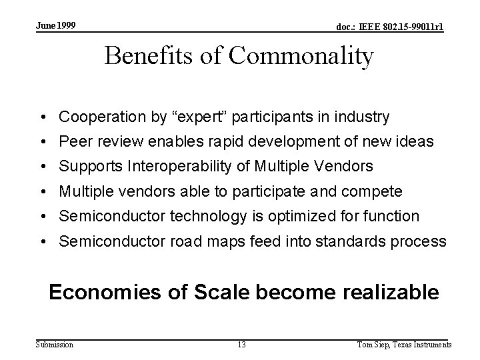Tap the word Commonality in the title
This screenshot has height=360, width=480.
pos(301,57)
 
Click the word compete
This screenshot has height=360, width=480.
pos(373,191)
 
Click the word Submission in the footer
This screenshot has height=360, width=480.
pos(55,344)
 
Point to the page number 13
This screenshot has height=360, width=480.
pos(241,345)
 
